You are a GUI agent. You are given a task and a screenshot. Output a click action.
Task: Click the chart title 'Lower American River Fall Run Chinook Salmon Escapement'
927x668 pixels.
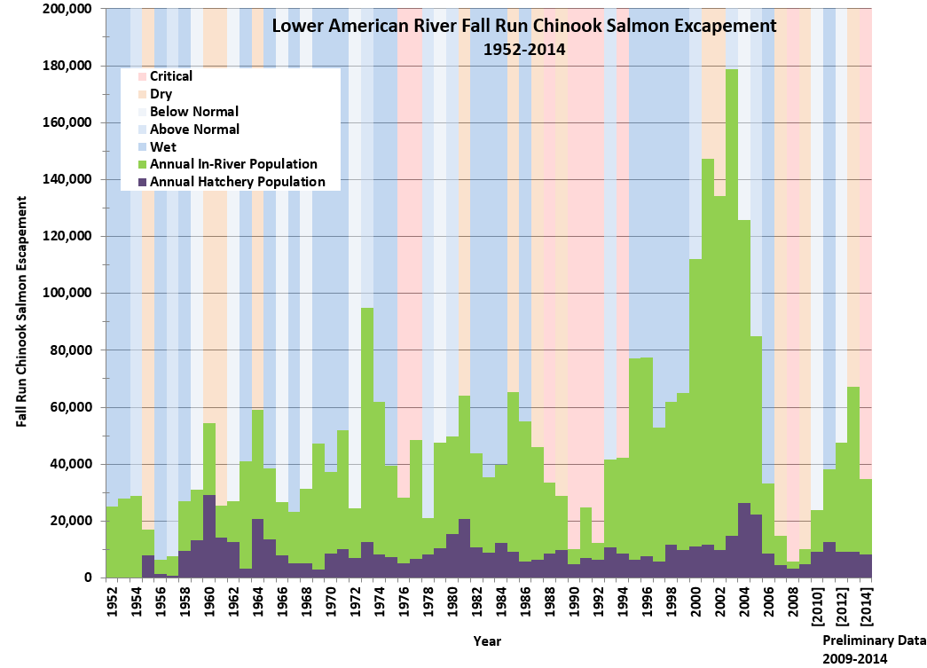tap(523, 26)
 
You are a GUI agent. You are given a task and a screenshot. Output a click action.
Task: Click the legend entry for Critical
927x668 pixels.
tap(171, 76)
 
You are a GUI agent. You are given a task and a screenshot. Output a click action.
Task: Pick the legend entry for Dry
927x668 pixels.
tap(161, 94)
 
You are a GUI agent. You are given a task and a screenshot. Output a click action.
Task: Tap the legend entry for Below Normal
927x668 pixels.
tap(194, 112)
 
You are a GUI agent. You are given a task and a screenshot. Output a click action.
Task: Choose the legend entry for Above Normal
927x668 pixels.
tap(194, 130)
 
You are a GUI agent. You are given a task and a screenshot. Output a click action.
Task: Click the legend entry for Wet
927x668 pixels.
tap(161, 146)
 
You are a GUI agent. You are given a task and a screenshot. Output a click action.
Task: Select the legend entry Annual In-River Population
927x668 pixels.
tap(233, 164)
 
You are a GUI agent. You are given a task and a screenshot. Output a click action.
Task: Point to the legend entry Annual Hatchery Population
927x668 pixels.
tap(238, 182)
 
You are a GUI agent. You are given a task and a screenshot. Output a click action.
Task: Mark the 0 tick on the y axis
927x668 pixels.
tap(87, 578)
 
